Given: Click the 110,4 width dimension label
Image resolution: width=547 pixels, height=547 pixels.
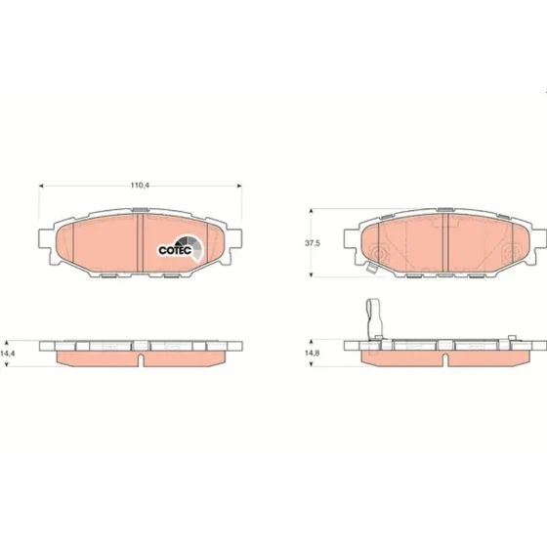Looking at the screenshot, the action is pyautogui.click(x=140, y=186).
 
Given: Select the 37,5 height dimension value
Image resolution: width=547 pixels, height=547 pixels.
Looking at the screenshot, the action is pyautogui.click(x=313, y=243).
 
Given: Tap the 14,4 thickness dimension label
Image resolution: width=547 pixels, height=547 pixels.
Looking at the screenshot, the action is pyautogui.click(x=7, y=354).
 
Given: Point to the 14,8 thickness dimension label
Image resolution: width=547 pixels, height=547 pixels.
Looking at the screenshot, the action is pyautogui.click(x=313, y=353).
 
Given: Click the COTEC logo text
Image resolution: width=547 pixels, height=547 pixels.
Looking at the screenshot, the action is pyautogui.click(x=175, y=250).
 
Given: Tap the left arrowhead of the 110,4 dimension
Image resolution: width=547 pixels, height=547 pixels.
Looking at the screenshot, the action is pyautogui.click(x=41, y=186).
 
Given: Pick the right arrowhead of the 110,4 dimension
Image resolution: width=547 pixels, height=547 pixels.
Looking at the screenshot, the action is pyautogui.click(x=239, y=186).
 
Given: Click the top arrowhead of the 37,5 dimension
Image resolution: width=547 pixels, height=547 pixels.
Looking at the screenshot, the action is pyautogui.click(x=311, y=211).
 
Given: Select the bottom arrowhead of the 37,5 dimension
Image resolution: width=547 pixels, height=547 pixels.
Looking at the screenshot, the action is pyautogui.click(x=311, y=274).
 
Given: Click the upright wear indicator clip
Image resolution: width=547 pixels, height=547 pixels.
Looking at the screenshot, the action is pyautogui.click(x=374, y=318).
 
